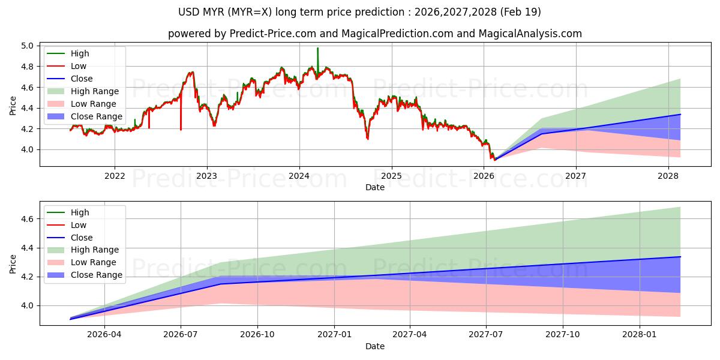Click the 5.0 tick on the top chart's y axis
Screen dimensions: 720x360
point(28,46)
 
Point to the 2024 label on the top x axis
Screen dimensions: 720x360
point(299,176)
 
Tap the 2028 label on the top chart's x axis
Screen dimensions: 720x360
point(668,176)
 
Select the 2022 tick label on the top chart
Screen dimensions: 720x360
point(115,176)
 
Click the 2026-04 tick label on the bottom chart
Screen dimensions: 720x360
point(104,335)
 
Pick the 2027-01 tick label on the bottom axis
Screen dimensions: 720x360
point(334,335)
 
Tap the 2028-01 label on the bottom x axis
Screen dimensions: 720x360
point(640,335)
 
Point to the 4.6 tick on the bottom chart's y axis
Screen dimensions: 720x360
point(28,219)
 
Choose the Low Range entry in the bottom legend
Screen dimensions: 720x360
point(82,262)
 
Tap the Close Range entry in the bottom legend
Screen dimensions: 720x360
point(85,275)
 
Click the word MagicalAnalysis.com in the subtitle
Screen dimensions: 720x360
point(530,34)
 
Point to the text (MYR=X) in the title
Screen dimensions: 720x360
point(250,12)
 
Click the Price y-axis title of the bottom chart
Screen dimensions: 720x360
point(13,264)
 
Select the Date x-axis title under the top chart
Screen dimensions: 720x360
point(375,187)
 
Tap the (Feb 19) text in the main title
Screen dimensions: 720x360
point(520,12)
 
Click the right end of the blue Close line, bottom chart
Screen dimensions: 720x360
point(680,257)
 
